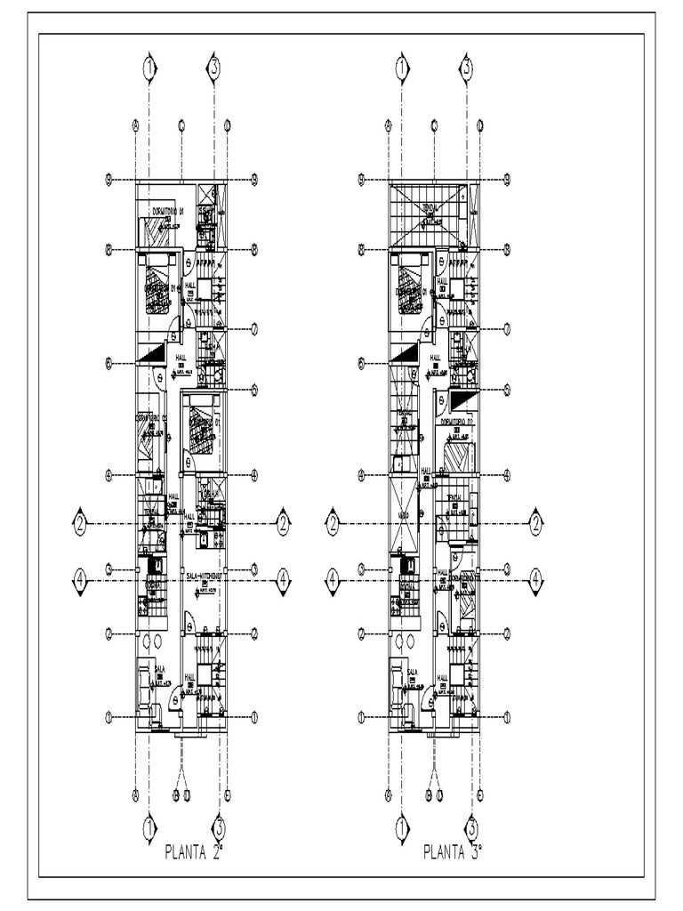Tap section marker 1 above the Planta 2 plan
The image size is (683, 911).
point(149,67)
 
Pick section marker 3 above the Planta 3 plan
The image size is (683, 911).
point(466,67)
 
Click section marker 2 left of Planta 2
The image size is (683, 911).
point(81,521)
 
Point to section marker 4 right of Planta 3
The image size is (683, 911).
point(536,578)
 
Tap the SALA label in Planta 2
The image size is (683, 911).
point(161,669)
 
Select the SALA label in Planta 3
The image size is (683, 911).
point(413,673)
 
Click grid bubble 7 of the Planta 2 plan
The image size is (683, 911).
point(254,328)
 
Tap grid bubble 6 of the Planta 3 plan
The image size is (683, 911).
point(362,362)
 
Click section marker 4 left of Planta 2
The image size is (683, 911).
point(81,578)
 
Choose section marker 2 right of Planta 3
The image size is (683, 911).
point(536,521)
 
